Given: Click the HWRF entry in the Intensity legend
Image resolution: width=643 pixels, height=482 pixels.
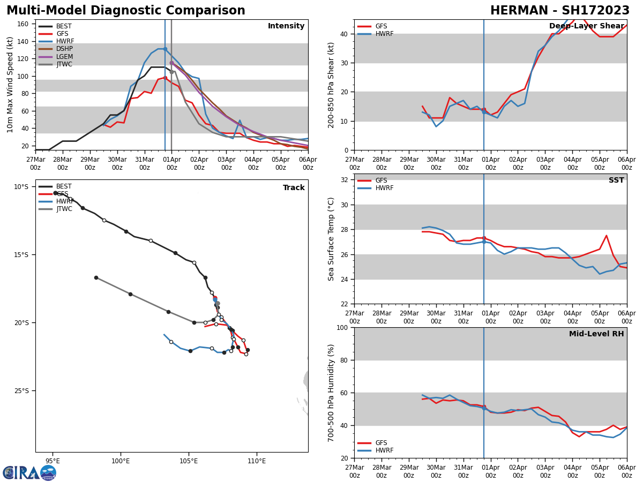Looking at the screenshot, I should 65,41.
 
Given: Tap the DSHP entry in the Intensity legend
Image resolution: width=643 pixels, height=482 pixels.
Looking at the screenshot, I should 64,49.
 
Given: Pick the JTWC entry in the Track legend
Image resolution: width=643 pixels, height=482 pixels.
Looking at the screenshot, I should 64,209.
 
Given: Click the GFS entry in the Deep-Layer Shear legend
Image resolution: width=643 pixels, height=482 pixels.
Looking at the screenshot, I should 380,26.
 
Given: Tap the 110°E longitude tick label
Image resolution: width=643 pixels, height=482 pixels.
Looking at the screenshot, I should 257,461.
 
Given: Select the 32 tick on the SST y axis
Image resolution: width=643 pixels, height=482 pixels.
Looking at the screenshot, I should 345,179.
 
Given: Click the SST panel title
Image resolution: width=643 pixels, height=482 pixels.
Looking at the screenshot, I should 616,180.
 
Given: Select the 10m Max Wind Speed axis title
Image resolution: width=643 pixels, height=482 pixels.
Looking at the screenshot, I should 10,84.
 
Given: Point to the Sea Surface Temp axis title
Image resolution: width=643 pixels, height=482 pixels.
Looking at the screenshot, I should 331,239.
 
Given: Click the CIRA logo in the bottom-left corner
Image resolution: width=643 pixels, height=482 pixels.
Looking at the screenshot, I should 29,472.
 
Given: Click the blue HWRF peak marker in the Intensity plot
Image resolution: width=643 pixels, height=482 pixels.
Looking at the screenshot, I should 165,49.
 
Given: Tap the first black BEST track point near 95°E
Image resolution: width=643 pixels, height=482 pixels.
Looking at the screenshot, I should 55,193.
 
